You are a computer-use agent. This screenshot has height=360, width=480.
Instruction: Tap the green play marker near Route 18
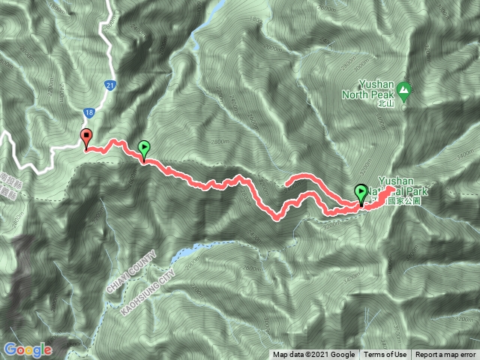tap(144, 149)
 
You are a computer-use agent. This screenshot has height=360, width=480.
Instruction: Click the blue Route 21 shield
tap(109, 86)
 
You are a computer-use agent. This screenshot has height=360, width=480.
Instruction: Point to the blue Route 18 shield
tap(89, 112)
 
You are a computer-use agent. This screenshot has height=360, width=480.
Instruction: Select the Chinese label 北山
tap(385, 105)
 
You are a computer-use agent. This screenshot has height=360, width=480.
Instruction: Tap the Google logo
tap(27, 349)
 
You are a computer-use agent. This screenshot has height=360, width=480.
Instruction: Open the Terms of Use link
tap(385, 355)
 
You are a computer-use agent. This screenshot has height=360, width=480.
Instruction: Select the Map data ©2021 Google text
tap(313, 355)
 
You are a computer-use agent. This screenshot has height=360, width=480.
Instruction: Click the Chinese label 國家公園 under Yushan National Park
tap(411, 202)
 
